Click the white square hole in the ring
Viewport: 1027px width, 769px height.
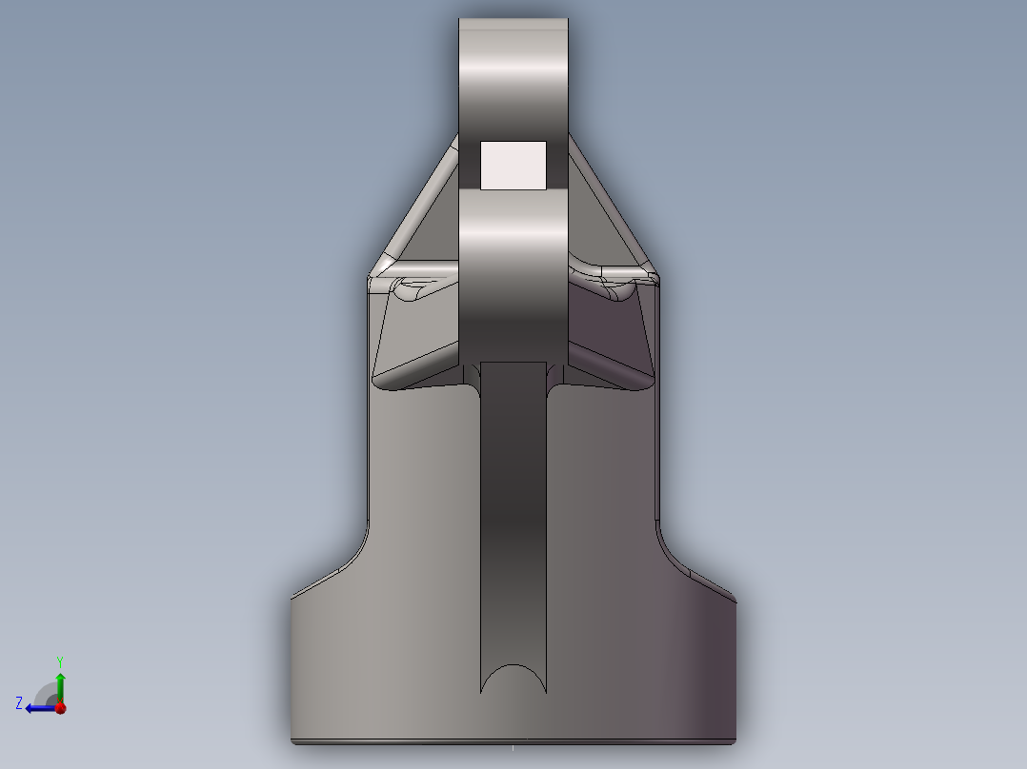513,165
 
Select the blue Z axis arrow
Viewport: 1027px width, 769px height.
38,707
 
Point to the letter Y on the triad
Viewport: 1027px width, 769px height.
59,661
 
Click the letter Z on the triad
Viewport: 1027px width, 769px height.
19,703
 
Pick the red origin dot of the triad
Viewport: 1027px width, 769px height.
60,707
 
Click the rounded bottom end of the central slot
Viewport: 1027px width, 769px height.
513,677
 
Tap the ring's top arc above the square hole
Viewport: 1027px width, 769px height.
513,76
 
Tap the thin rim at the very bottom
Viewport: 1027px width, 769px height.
513,739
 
